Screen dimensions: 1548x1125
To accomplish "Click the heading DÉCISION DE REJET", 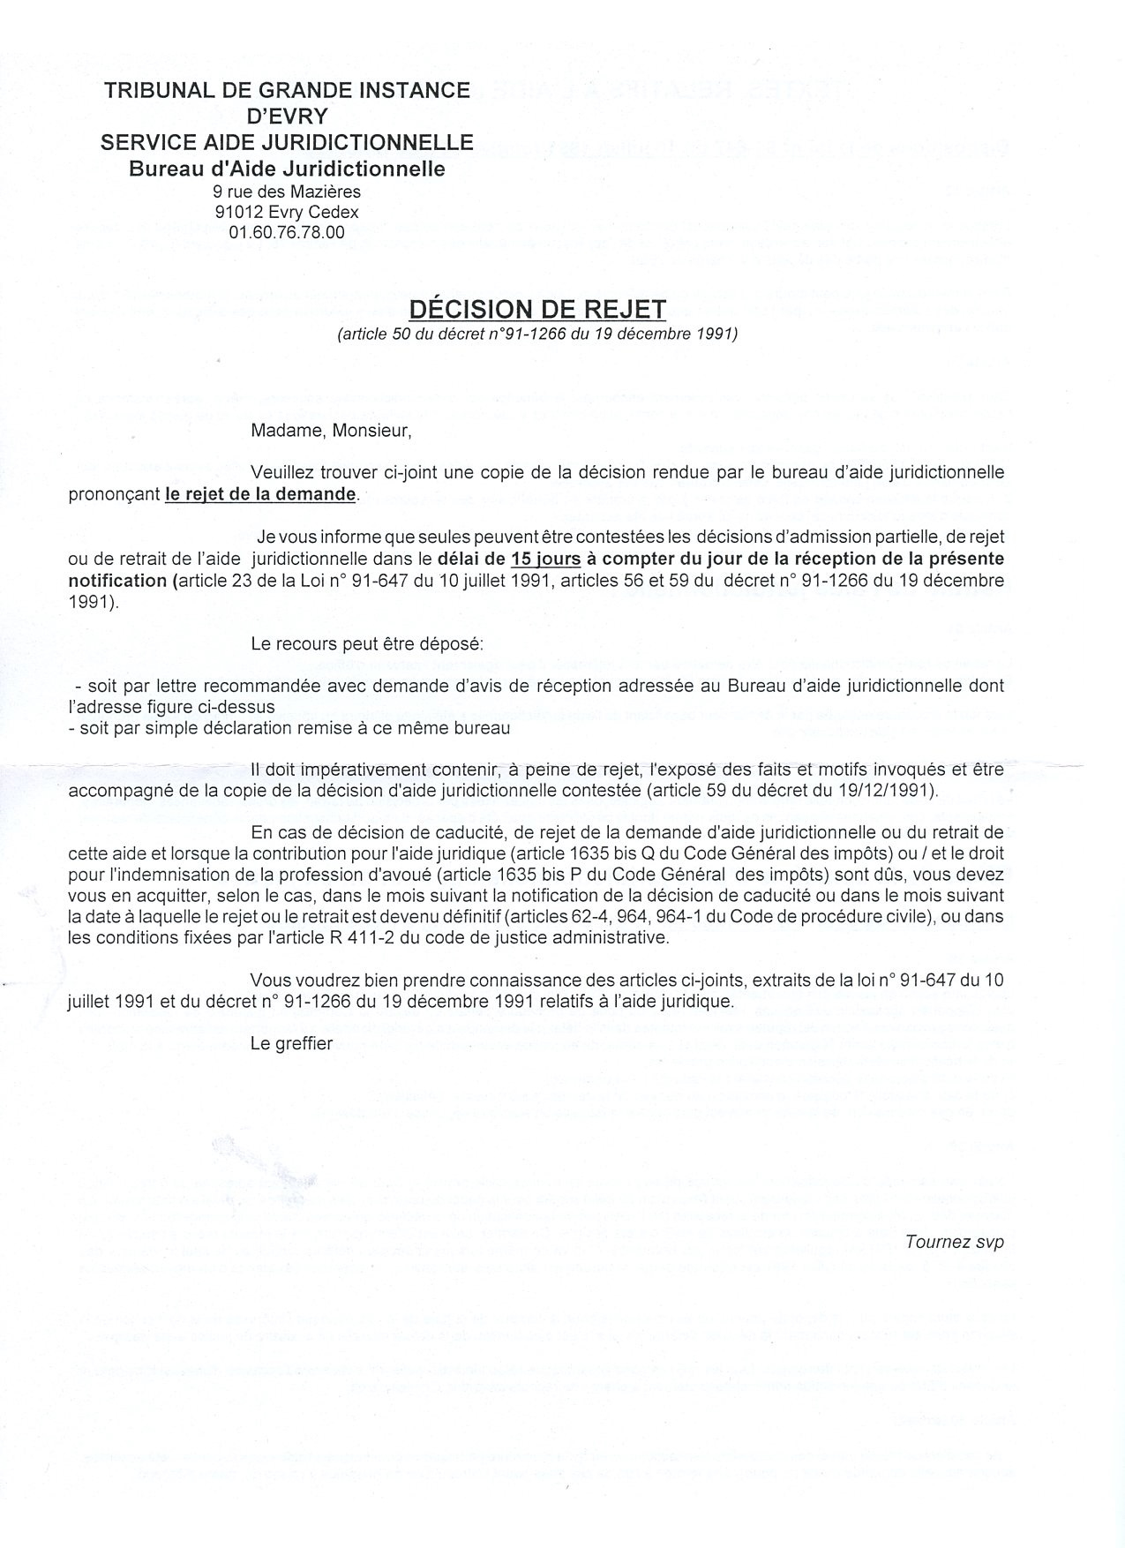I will [x=536, y=309].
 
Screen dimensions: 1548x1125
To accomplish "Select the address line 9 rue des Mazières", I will [x=287, y=191].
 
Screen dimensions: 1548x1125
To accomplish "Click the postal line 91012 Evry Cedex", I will [x=287, y=212].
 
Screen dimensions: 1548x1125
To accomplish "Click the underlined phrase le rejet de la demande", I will [x=260, y=494].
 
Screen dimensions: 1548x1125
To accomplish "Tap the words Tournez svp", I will [x=954, y=1242].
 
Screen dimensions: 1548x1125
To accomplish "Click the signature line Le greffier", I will [x=291, y=1043].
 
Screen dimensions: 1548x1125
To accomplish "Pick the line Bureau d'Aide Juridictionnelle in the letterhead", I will [x=287, y=169].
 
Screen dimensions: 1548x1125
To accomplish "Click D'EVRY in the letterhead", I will [x=287, y=116].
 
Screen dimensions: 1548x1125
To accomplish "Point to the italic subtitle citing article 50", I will [x=536, y=334].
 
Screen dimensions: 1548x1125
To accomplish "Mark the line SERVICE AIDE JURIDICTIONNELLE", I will [x=287, y=142].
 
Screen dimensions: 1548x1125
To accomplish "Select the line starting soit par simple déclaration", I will [x=289, y=728].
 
